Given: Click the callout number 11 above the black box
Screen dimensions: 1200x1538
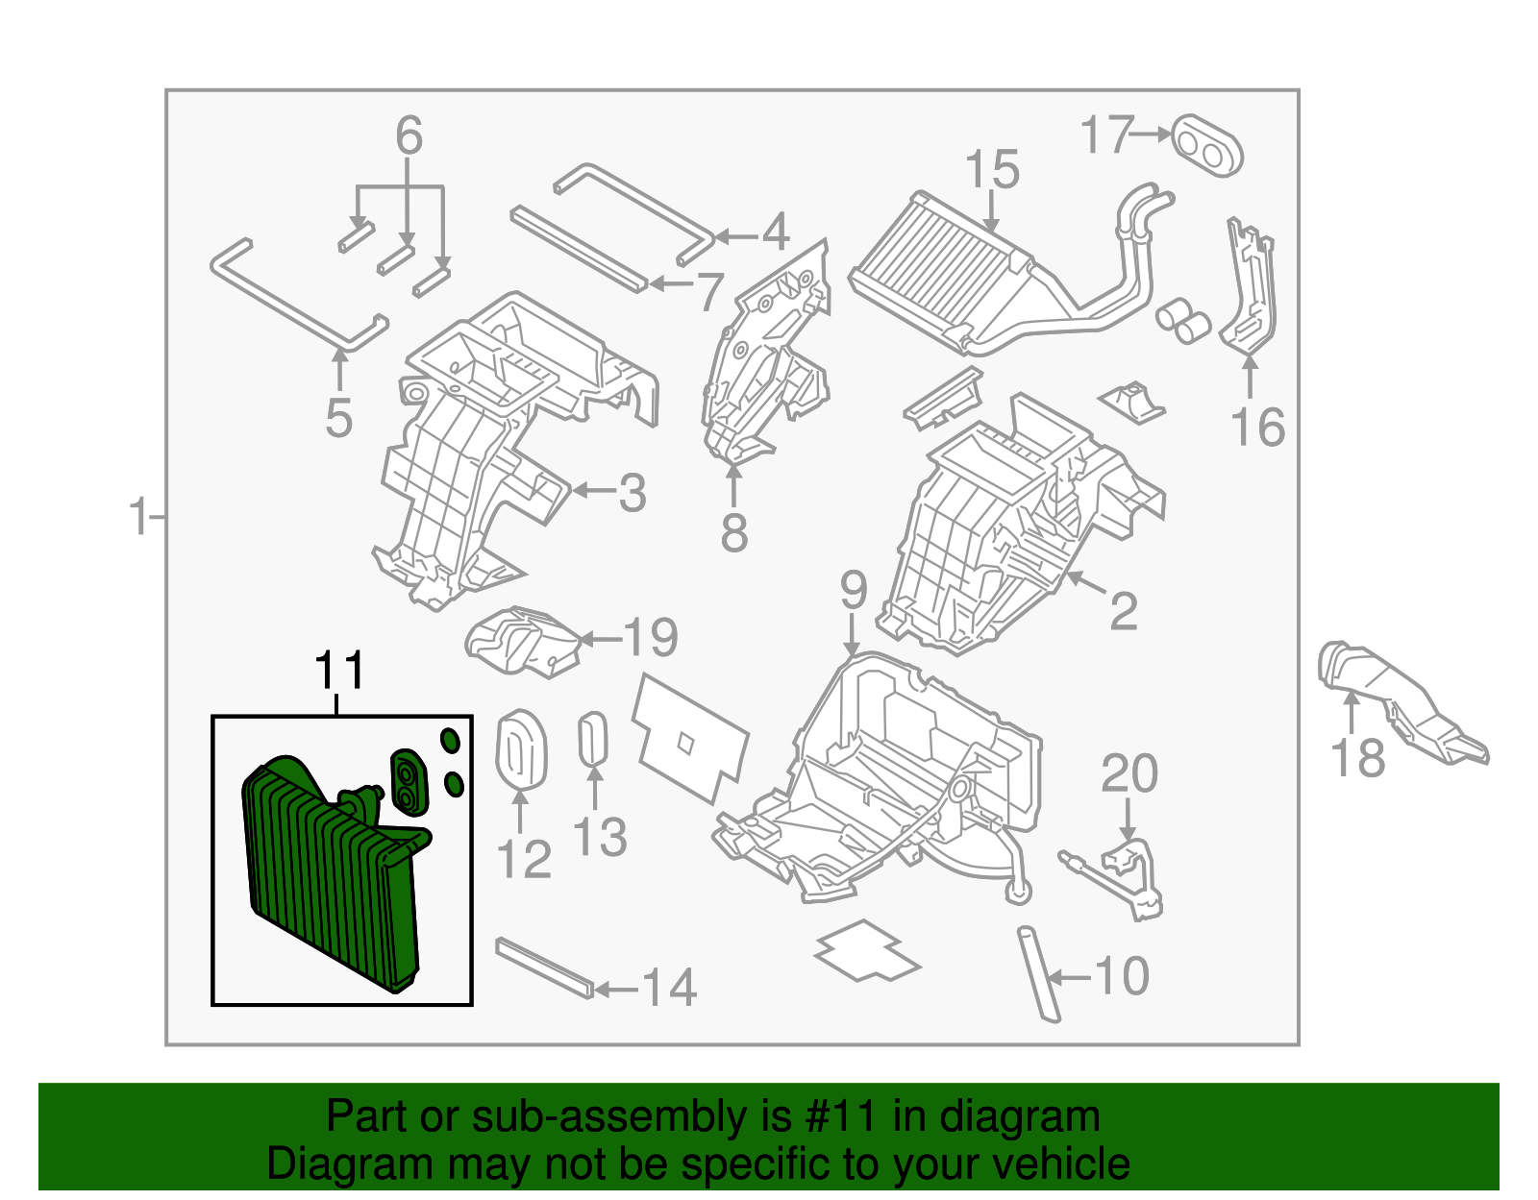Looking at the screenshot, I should [x=340, y=671].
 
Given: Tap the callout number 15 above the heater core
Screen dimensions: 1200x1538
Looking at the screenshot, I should [x=991, y=170].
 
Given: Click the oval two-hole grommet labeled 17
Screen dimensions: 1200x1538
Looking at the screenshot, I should [x=1207, y=145].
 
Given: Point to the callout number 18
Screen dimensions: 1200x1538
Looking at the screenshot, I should [x=1357, y=758].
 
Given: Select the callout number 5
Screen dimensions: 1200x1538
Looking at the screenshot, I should [x=338, y=419].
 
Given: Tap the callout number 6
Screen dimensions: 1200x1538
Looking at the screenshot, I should [x=409, y=136].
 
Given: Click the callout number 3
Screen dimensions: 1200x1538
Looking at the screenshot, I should [x=632, y=494].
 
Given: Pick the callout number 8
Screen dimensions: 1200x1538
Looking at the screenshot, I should [x=733, y=533].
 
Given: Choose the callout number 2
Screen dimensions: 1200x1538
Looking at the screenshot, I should [x=1123, y=611].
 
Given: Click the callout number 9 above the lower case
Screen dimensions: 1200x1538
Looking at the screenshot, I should [x=854, y=591].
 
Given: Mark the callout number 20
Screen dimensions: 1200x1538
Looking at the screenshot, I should [x=1129, y=773].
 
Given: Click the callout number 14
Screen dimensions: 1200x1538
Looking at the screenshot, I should [x=669, y=988].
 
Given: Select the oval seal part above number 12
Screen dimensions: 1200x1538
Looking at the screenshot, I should [x=521, y=749].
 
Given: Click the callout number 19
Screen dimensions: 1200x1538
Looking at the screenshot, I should [x=651, y=637].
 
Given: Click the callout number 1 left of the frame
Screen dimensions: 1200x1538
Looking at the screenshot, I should [x=139, y=518].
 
